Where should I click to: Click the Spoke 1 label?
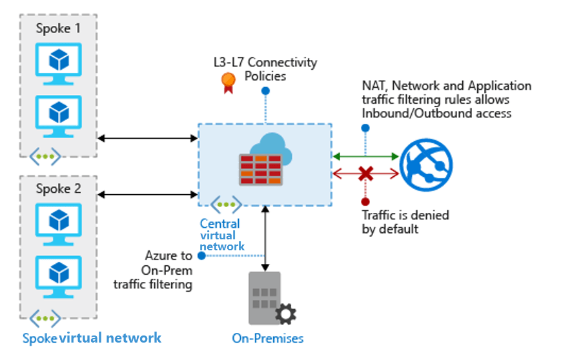[58, 28]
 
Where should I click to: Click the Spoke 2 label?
[58, 189]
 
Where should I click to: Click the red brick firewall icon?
[261, 169]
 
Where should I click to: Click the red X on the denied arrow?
[366, 173]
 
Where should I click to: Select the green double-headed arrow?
[365, 155]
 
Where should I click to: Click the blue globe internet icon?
[426, 164]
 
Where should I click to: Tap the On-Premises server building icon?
[265, 297]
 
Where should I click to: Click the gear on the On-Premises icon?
[285, 315]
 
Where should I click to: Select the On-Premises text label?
[267, 338]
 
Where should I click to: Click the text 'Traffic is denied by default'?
[405, 222]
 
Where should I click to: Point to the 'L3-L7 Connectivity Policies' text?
[265, 69]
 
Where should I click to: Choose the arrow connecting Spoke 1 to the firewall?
[147, 137]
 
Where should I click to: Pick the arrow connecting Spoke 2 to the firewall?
[147, 194]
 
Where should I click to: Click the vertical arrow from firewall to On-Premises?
[265, 239]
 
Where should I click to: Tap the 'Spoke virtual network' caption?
[92, 338]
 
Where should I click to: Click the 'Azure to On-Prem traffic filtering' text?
[156, 270]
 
